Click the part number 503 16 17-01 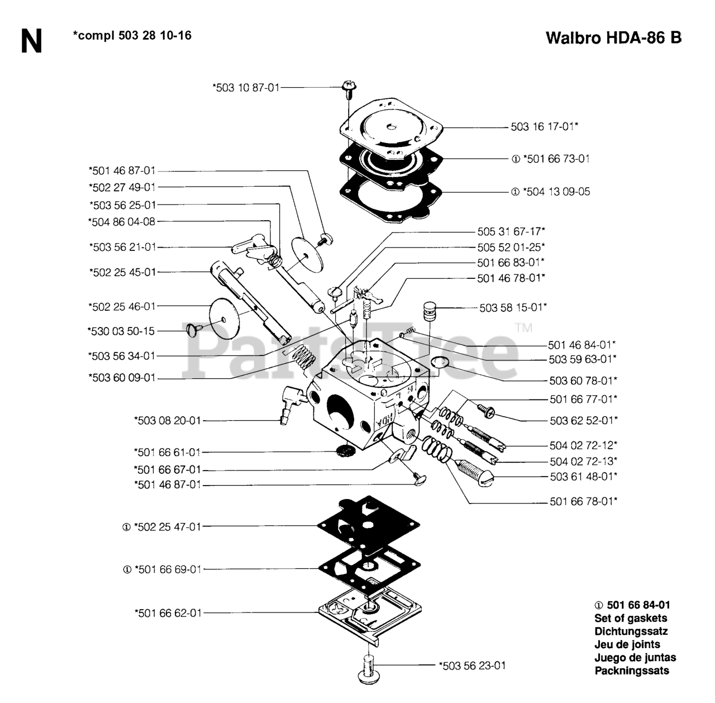tap(544, 127)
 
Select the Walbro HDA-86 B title tap(613, 38)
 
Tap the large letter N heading tap(31, 41)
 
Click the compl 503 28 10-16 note tap(132, 36)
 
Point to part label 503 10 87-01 tap(246, 87)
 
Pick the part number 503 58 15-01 tap(513, 307)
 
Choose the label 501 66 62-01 tap(168, 613)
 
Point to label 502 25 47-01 tap(168, 526)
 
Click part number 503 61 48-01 tap(583, 477)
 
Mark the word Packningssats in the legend tap(632, 671)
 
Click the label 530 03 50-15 tap(121, 331)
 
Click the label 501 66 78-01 tap(583, 502)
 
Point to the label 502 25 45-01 tap(122, 272)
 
